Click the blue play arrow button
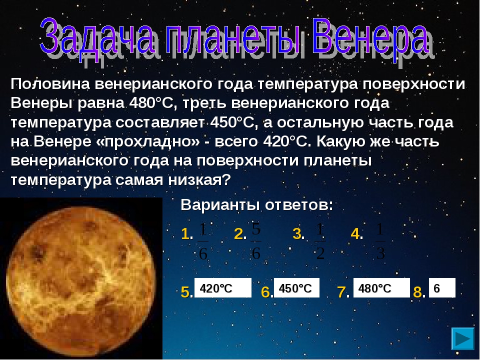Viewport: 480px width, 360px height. (x=462, y=338)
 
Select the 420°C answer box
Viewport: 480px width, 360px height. (x=223, y=288)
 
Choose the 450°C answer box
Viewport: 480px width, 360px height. (x=296, y=288)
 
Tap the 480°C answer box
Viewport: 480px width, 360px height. (x=381, y=288)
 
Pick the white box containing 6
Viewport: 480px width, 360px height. (x=442, y=288)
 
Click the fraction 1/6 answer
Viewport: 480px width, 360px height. (x=203, y=241)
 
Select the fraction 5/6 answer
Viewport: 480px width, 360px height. (x=256, y=241)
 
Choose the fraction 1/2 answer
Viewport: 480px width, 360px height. (x=320, y=241)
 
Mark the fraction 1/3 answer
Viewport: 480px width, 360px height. (x=380, y=241)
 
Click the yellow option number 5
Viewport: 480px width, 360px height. (x=185, y=291)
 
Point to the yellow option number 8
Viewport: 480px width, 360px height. (x=417, y=291)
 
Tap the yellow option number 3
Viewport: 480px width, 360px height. (x=297, y=234)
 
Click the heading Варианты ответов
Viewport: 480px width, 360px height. (x=256, y=205)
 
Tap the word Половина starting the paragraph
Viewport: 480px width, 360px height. (x=50, y=84)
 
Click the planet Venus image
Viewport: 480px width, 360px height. (x=81, y=278)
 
